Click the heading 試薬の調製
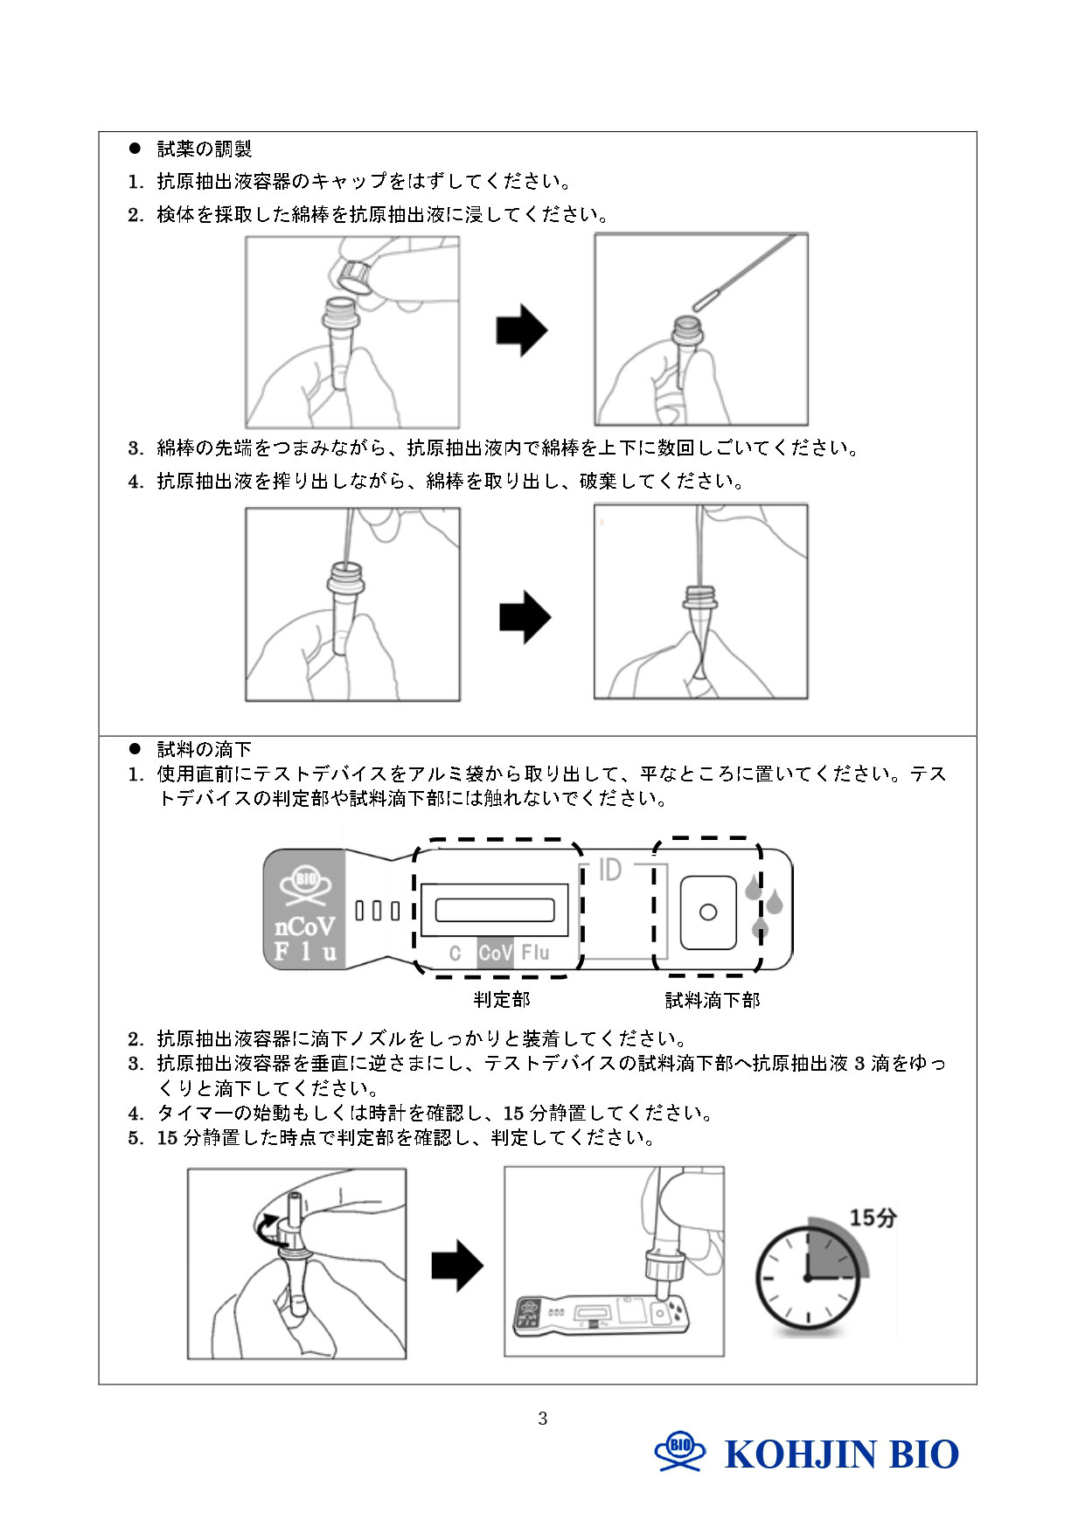(x=204, y=149)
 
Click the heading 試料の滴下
(x=204, y=749)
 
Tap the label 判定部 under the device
(x=501, y=999)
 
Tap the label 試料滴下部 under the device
(x=713, y=1000)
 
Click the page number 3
(x=542, y=1419)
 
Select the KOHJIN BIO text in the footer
(x=841, y=1455)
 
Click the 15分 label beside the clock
(x=873, y=1218)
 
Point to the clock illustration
(x=808, y=1279)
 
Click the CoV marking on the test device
(x=495, y=952)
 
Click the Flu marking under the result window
(x=535, y=952)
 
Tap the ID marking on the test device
(x=609, y=870)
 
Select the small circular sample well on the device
(x=708, y=913)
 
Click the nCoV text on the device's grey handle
(x=304, y=927)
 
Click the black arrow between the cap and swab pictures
(x=521, y=330)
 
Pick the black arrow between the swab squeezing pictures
(x=525, y=617)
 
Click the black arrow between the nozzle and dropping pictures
(x=456, y=1266)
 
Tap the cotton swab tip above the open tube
(x=706, y=300)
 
